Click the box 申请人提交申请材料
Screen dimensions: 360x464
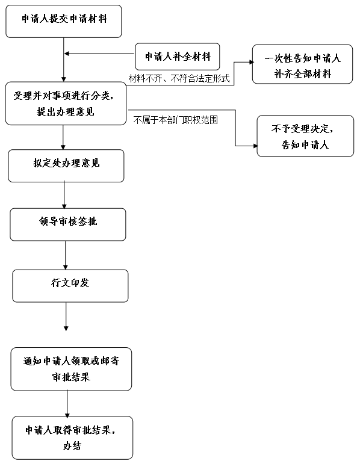[x=64, y=21]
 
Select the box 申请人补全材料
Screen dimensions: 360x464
[x=178, y=57]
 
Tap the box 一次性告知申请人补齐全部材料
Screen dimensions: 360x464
[x=302, y=64]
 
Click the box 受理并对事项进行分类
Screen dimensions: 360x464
[x=66, y=104]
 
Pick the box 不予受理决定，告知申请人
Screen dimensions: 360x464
[x=305, y=136]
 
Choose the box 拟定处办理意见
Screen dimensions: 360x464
[x=66, y=165]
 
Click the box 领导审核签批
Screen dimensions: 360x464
[x=68, y=224]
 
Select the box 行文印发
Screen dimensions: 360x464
[x=70, y=286]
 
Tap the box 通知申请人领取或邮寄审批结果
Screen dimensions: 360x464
[x=71, y=369]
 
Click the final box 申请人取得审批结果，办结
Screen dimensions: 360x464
[x=72, y=438]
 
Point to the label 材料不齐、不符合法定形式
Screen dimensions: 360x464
[x=179, y=78]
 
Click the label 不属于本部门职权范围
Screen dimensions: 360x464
[x=176, y=120]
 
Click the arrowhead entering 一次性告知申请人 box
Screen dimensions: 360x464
[x=252, y=62]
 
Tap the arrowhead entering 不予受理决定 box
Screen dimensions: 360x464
[x=256, y=146]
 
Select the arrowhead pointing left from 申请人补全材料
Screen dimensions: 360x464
[x=67, y=54]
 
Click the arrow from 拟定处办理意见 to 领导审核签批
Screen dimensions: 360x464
[x=64, y=195]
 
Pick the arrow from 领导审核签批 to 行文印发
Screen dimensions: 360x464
[x=66, y=255]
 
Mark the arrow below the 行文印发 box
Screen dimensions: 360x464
[x=66, y=317]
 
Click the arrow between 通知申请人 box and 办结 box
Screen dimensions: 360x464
[x=67, y=404]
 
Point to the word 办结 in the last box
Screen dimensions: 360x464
[x=72, y=446]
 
